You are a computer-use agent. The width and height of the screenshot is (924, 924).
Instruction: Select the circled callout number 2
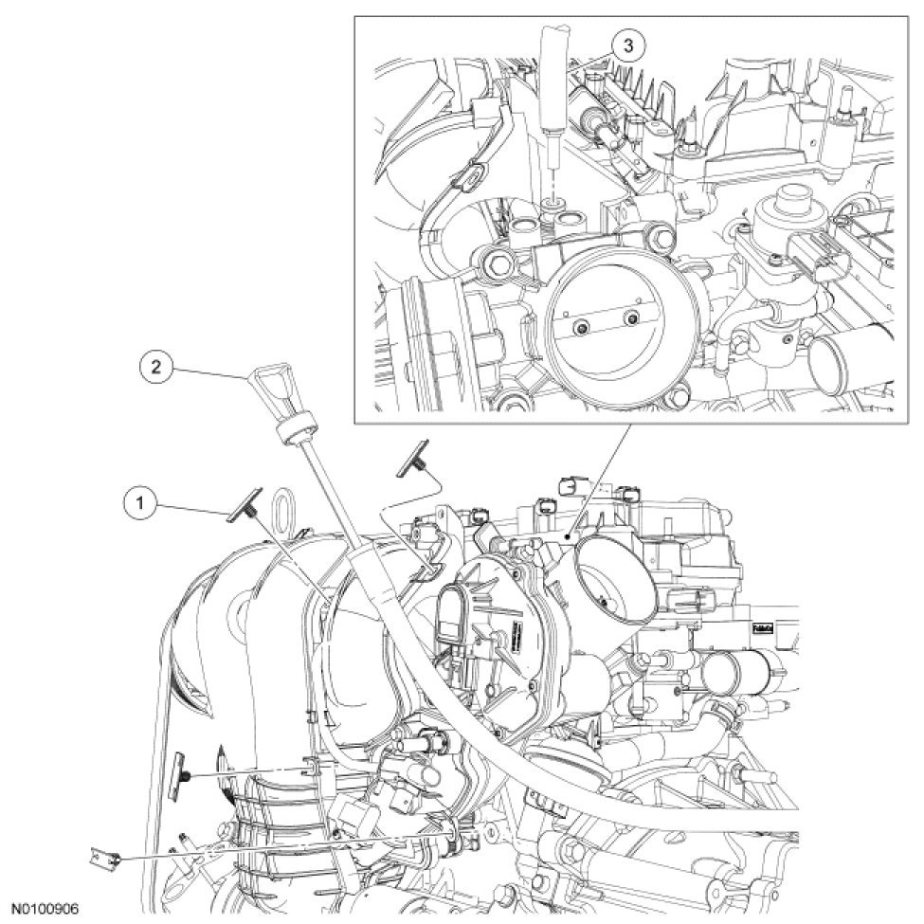click(x=157, y=366)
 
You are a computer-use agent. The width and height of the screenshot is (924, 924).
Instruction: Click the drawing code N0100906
click(x=44, y=908)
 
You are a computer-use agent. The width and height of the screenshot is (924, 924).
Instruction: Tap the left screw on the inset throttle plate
click(x=581, y=328)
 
